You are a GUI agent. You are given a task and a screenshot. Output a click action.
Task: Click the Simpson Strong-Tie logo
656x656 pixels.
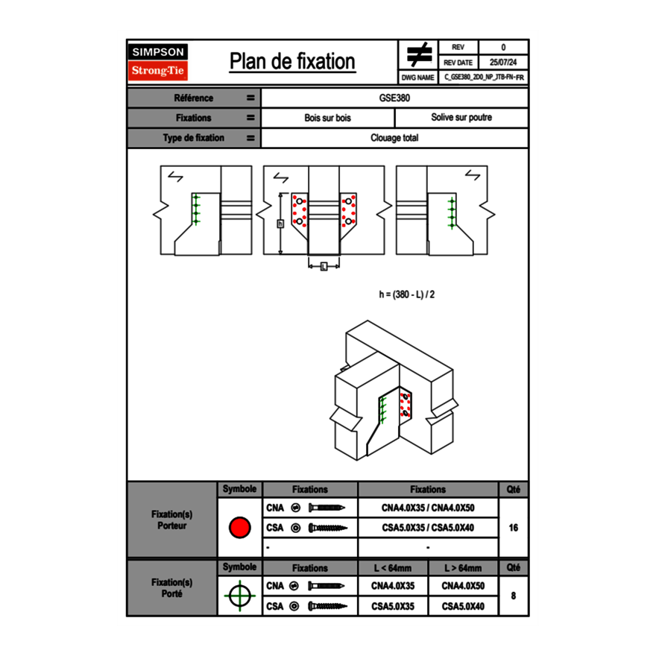[159, 62]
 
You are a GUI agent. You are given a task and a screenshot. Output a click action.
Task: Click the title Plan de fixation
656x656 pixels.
[292, 61]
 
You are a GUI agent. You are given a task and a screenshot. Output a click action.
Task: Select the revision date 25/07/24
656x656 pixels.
[503, 63]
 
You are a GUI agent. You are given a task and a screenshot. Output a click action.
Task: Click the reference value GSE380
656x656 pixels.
[394, 98]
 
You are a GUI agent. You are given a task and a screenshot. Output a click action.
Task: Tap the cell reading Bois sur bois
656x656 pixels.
[327, 118]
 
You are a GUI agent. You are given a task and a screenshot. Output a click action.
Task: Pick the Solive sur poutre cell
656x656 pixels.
[461, 118]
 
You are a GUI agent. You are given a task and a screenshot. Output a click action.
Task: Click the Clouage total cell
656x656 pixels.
[394, 138]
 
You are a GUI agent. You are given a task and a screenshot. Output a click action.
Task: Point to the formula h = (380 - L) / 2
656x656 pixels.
[406, 294]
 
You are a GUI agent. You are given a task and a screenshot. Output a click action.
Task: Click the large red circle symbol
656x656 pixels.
[239, 528]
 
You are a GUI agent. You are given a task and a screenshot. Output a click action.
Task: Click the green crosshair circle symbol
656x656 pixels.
[239, 596]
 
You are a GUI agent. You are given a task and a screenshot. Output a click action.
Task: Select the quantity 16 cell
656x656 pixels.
[513, 528]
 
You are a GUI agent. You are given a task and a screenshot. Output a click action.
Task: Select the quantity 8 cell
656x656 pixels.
[513, 596]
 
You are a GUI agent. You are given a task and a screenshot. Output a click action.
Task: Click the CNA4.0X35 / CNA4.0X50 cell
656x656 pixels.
[428, 508]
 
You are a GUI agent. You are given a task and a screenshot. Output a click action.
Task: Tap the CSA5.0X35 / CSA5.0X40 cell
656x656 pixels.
[428, 528]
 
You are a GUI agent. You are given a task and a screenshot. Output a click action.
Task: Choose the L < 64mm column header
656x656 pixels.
[393, 568]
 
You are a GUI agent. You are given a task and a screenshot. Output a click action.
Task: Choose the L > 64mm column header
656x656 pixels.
[463, 568]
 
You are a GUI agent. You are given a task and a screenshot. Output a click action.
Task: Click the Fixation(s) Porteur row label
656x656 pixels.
[172, 520]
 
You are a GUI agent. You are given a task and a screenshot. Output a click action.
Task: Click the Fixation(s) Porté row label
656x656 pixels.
[172, 587]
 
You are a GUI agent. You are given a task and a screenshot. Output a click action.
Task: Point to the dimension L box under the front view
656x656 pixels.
[324, 266]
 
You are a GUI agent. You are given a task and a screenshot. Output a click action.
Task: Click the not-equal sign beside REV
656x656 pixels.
[419, 54]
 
